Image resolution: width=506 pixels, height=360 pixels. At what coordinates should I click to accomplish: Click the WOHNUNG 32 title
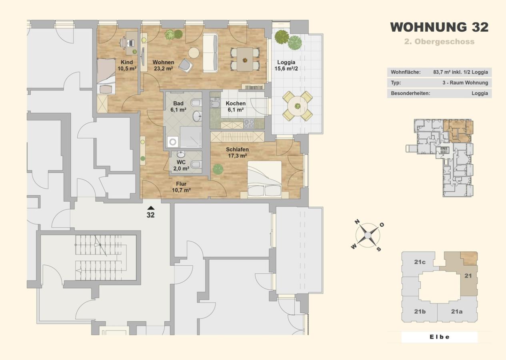(439, 27)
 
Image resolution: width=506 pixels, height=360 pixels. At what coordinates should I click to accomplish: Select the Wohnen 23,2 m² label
(163, 65)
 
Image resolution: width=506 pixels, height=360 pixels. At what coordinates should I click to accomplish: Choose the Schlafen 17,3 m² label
(237, 152)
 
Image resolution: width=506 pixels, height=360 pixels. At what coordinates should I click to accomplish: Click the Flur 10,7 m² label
(181, 187)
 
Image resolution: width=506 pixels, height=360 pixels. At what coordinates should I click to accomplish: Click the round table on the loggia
(298, 106)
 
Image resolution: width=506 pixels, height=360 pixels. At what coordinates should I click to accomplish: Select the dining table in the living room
(245, 59)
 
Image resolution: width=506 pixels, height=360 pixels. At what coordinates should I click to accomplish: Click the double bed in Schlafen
(264, 179)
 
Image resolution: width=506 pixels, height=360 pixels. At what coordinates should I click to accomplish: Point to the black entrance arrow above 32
(151, 208)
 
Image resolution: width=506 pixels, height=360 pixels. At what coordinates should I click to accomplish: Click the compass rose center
(368, 236)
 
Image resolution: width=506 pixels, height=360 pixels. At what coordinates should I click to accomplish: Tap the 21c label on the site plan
(420, 262)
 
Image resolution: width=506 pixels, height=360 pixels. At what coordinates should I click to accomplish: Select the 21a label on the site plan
(457, 312)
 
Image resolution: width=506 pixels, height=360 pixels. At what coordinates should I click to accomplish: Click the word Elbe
(440, 337)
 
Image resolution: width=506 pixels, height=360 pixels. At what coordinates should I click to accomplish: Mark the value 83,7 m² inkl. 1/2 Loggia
(460, 72)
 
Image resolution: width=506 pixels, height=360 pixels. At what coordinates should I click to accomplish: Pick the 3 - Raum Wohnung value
(465, 83)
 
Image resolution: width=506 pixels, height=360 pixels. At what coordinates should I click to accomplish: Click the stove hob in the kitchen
(249, 124)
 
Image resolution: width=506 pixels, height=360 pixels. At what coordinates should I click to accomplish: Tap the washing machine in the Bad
(173, 142)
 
